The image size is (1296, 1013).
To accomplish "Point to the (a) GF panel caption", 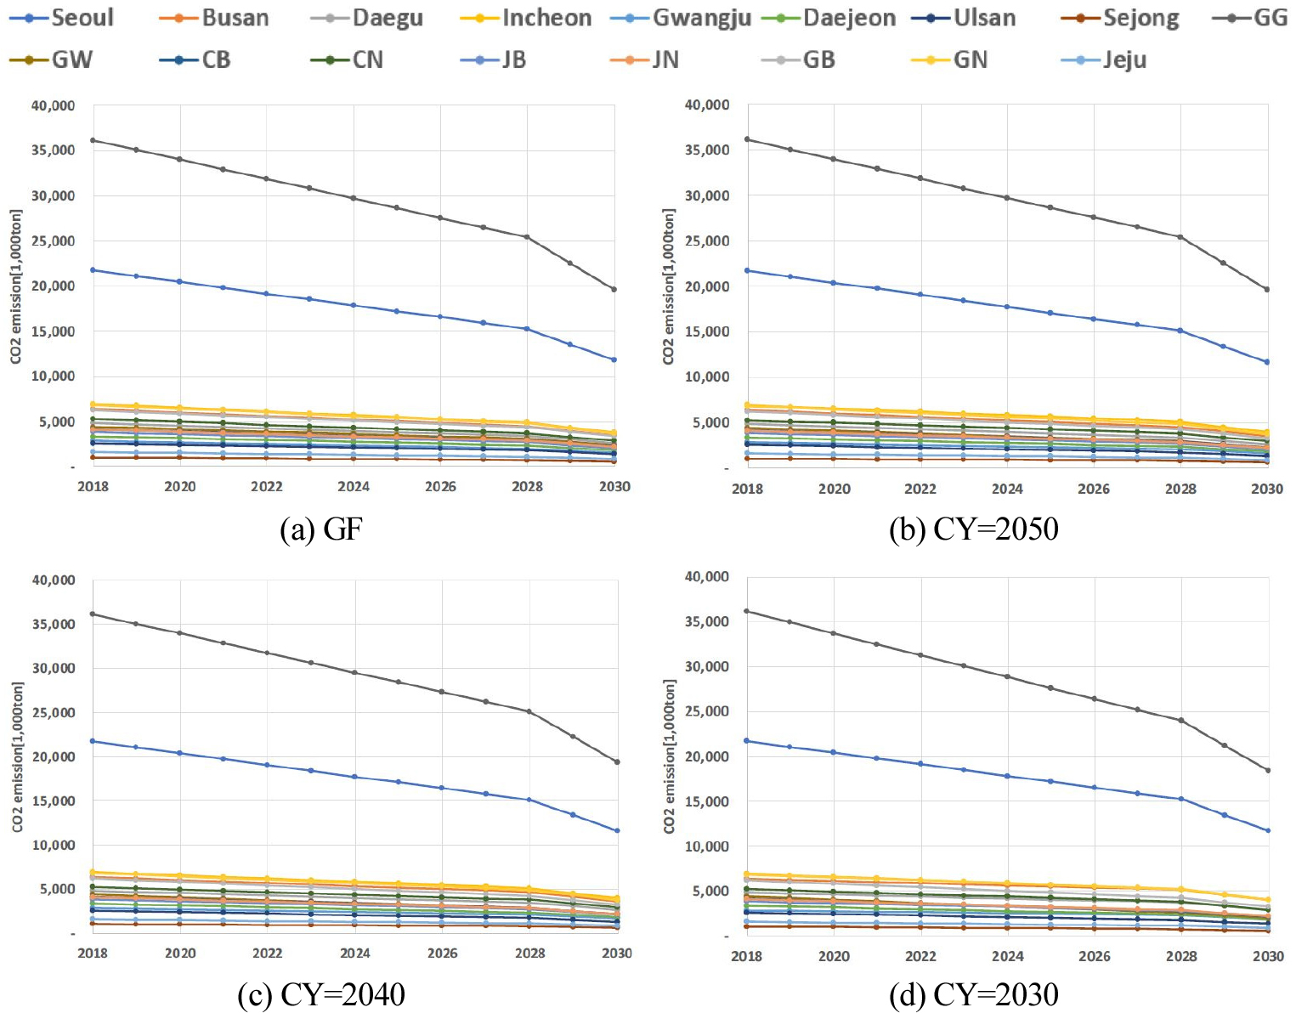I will coord(321,529).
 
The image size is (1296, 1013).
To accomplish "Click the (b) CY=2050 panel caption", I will coord(974,529).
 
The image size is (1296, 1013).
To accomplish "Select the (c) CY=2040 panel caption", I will coord(321,993).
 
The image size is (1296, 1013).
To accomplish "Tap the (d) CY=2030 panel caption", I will coord(974,993).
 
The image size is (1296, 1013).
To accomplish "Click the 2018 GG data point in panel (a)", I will coord(93,140).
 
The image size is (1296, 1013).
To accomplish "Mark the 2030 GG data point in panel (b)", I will coord(1267,289).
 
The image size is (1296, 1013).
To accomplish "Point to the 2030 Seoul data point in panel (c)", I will coord(617,830).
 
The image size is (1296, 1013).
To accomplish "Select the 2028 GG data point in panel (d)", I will coord(1180,720).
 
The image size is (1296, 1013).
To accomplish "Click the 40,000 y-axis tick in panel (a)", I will coord(53,105).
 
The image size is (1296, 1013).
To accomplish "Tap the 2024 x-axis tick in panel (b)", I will coord(1007,489).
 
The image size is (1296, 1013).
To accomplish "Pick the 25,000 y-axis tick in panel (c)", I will coord(53,712).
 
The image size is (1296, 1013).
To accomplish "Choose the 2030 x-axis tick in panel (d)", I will coord(1268,956).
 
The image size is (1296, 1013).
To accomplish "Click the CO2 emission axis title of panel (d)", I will coord(669,756).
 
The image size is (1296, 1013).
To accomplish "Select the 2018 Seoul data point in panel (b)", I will coord(747,270).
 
